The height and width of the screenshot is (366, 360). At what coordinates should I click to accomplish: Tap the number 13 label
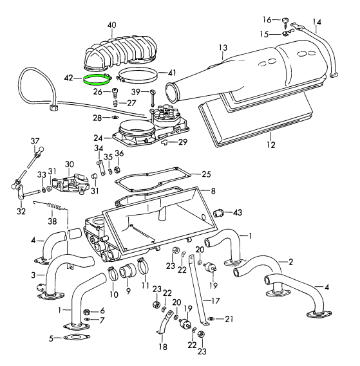click(223, 48)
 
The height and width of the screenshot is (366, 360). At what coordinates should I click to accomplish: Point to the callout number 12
click(270, 145)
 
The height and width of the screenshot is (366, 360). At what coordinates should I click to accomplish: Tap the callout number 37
click(35, 142)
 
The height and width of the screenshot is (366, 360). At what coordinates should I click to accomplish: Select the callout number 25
click(206, 174)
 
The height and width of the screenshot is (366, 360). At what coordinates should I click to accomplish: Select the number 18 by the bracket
click(162, 347)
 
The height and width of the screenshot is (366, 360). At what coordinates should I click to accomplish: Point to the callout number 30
click(69, 165)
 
